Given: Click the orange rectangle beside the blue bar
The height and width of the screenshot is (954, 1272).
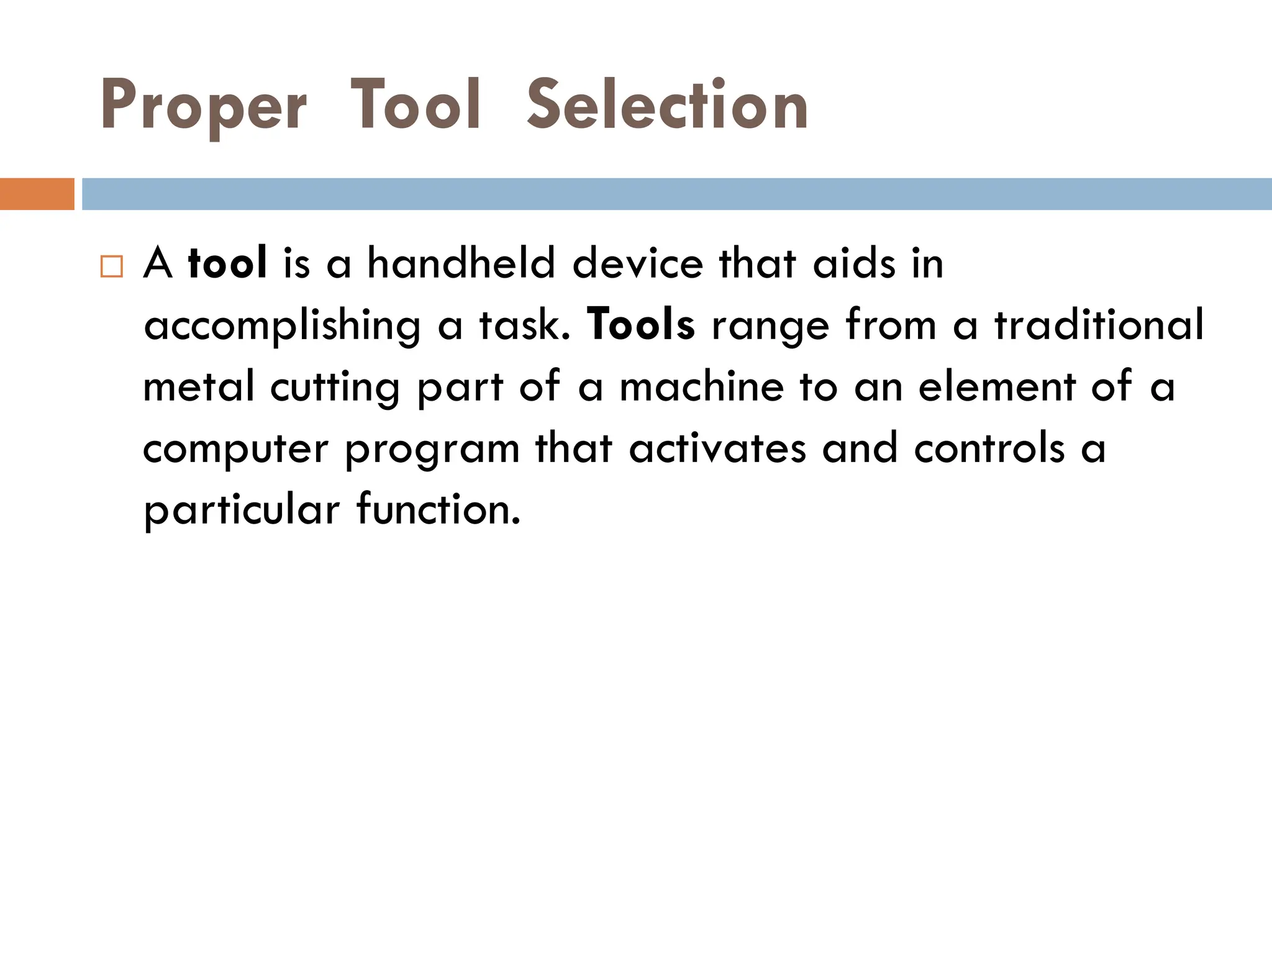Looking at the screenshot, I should [37, 194].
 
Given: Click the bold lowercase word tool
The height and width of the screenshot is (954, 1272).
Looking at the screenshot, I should [227, 263].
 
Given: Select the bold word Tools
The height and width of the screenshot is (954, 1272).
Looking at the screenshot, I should [640, 324].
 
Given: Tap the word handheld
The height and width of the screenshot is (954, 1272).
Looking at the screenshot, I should [461, 263].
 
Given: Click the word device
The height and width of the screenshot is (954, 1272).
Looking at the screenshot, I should [638, 263].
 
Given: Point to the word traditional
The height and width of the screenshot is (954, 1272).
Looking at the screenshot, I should [1099, 324].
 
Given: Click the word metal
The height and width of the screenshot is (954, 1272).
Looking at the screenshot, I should [199, 386].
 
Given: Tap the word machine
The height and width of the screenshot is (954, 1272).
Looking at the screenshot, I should [702, 386].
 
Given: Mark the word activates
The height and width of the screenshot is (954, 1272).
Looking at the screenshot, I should [717, 448].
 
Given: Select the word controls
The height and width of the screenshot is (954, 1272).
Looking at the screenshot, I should [989, 448].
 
